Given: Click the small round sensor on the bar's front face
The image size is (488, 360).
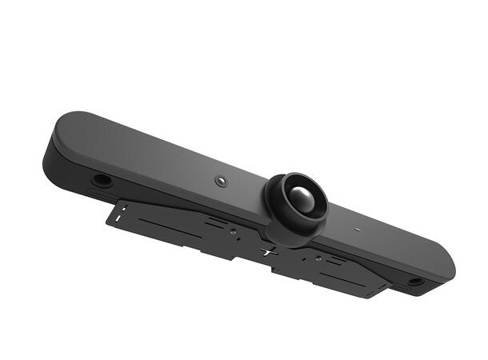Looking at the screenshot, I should (x=222, y=182).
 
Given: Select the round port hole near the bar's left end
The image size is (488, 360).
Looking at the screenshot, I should (x=102, y=179).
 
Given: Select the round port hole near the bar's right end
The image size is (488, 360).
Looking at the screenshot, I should (x=416, y=282).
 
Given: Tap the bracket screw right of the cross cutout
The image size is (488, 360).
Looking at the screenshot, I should (x=318, y=258).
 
